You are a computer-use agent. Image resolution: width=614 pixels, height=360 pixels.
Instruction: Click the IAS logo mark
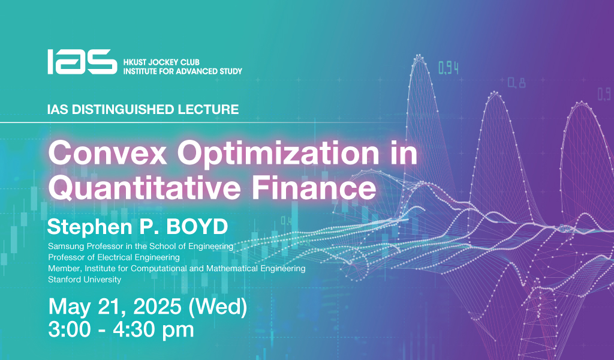point(82,62)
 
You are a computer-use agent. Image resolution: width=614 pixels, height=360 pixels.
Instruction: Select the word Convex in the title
point(107,153)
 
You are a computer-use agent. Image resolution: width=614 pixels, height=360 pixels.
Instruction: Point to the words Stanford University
point(85,280)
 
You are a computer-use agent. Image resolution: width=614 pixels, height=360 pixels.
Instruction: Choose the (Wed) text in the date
point(218,307)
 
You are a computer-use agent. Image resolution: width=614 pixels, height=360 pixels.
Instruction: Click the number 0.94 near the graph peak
point(449,68)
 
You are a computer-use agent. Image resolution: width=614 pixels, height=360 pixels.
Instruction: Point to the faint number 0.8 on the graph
point(516,83)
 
